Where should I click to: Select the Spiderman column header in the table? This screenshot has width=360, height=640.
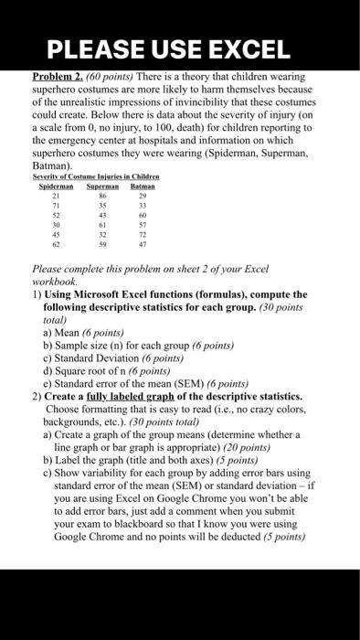[x=56, y=186]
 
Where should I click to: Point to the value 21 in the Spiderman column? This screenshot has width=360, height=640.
[x=57, y=196]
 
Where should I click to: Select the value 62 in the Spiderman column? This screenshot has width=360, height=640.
[x=57, y=246]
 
